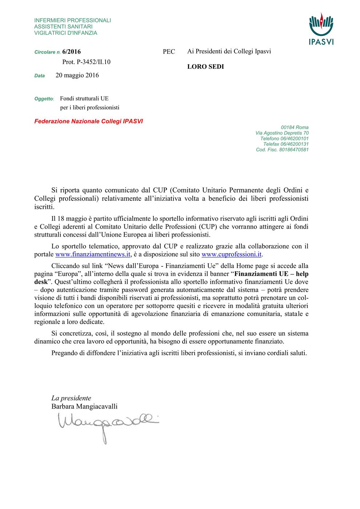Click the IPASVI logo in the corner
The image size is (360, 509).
pos(321,29)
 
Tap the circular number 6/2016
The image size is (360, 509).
pos(71,52)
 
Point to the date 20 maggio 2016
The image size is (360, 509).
pos(77,75)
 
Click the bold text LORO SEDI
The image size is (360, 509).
pos(205,67)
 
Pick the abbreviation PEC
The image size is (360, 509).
pos(169,52)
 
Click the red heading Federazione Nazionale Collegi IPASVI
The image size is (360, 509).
pos(88,121)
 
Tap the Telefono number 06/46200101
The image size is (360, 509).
pos(295,139)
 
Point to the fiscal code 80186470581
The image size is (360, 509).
pos(294,149)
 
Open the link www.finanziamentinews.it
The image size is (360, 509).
pos(93,254)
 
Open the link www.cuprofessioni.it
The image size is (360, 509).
pos(231,254)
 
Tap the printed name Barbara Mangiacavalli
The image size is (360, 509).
pos(84,406)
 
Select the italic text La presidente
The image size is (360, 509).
pos(71,398)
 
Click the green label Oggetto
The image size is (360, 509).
pos(44,99)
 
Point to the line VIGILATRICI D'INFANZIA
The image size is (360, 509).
pos(66,33)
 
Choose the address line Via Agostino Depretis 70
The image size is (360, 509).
pos(282,133)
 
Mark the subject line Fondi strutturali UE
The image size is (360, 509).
pos(84,99)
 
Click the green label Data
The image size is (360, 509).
pos(40,76)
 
